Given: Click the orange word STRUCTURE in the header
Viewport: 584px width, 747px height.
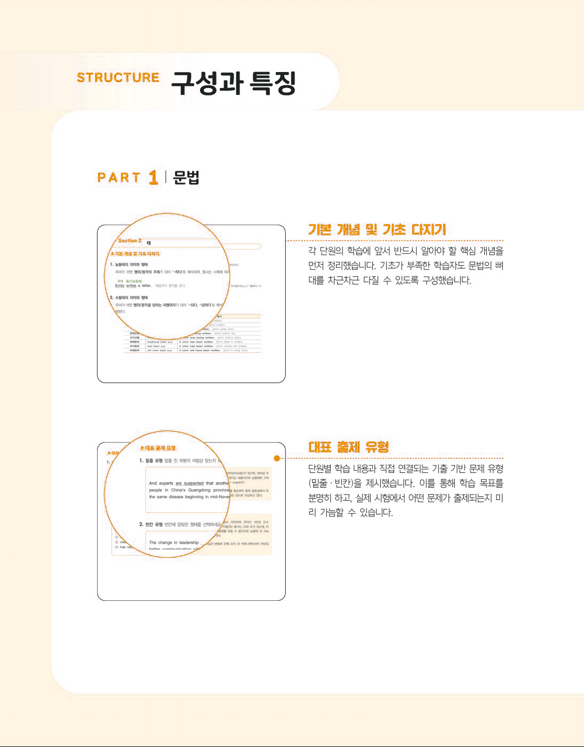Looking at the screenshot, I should pyautogui.click(x=118, y=78).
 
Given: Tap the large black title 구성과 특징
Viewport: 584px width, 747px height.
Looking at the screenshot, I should pyautogui.click(x=233, y=83).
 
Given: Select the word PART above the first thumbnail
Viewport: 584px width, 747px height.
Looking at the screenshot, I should pyautogui.click(x=119, y=178).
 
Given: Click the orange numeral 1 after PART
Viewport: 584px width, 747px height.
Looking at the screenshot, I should pyautogui.click(x=154, y=177).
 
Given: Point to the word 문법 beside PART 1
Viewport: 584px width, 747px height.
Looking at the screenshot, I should pyautogui.click(x=186, y=178).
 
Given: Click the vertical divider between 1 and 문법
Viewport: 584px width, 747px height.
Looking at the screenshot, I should pyautogui.click(x=166, y=177).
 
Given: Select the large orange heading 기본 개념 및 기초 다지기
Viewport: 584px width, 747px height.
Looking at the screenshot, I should pyautogui.click(x=377, y=230).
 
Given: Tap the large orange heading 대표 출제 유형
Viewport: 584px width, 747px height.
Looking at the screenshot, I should pyautogui.click(x=349, y=447).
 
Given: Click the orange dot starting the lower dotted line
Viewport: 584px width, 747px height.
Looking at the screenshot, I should pyautogui.click(x=277, y=458).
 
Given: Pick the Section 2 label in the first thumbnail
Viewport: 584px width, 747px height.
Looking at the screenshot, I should pyautogui.click(x=130, y=241).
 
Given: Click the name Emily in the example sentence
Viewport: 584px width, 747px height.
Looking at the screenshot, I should pyautogui.click(x=119, y=286).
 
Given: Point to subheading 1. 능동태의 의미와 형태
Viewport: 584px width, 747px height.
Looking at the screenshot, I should pyautogui.click(x=129, y=265).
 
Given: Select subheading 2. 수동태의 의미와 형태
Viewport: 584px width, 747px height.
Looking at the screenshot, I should pyautogui.click(x=129, y=298).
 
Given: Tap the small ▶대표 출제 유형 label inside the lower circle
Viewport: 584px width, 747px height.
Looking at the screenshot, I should pyautogui.click(x=158, y=448).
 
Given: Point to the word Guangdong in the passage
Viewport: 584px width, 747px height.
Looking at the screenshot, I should pyautogui.click(x=199, y=490).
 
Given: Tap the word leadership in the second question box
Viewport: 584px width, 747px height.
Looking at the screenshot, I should pyautogui.click(x=186, y=543).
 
